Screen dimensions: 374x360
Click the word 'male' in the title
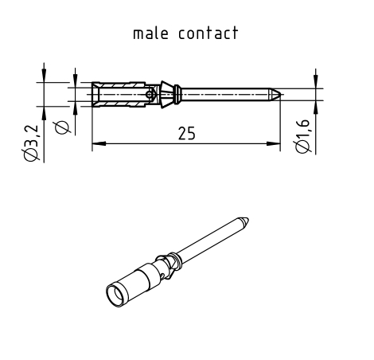point(150,33)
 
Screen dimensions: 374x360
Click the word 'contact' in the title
point(208,33)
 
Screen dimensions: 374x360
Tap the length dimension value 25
point(186,133)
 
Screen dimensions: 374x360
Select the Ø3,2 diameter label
point(30,143)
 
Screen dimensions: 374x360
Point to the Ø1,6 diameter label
point(302,136)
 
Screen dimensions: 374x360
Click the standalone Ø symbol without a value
point(62,127)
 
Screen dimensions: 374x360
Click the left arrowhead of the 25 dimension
point(99,143)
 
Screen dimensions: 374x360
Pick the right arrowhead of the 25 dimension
point(274,143)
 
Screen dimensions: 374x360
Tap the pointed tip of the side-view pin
point(280,94)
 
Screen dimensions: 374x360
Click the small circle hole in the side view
point(150,94)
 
